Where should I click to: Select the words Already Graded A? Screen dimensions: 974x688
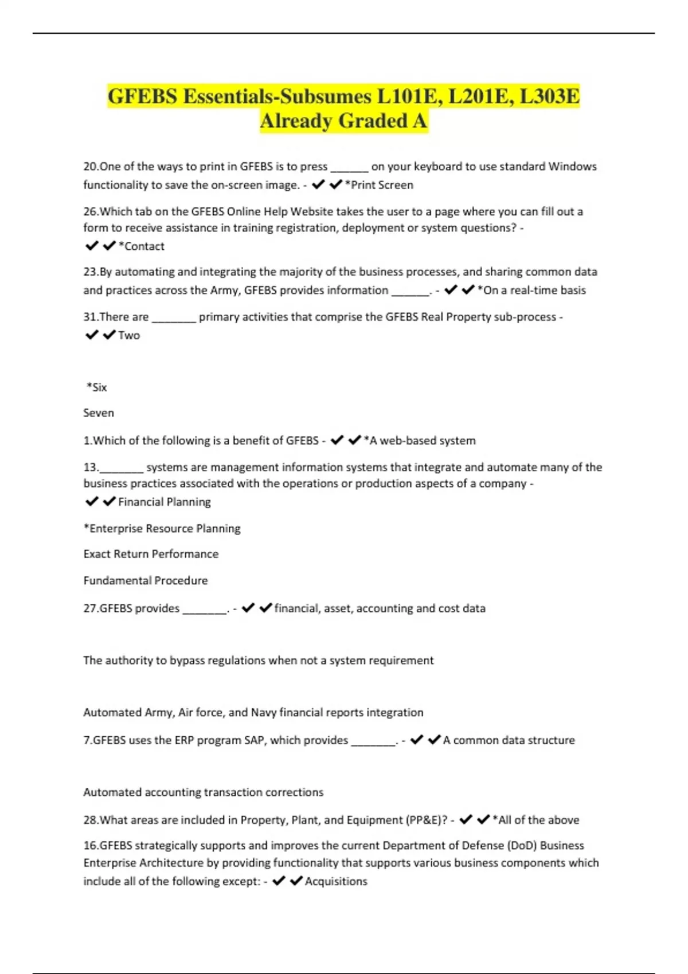tap(343, 121)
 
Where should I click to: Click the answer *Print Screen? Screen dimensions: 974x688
tap(379, 185)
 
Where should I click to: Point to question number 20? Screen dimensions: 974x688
tap(91, 167)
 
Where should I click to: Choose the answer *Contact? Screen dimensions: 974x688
tap(142, 246)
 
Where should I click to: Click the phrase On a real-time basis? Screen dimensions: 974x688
tap(531, 290)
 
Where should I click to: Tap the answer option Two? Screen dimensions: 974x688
tap(129, 336)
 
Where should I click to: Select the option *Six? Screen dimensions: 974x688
tap(97, 387)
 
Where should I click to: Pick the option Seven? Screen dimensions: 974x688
tap(99, 413)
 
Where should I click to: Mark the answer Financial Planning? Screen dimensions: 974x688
tap(165, 502)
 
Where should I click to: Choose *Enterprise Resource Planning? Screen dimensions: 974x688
tap(162, 529)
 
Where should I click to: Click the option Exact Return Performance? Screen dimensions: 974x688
tap(151, 554)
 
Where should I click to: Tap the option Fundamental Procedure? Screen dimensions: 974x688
tap(146, 581)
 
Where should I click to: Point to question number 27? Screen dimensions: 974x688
tap(91, 608)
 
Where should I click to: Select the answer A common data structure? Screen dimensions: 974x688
tap(509, 740)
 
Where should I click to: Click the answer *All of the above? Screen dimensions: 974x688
tap(536, 820)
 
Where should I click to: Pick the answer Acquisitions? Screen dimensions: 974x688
tap(336, 882)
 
